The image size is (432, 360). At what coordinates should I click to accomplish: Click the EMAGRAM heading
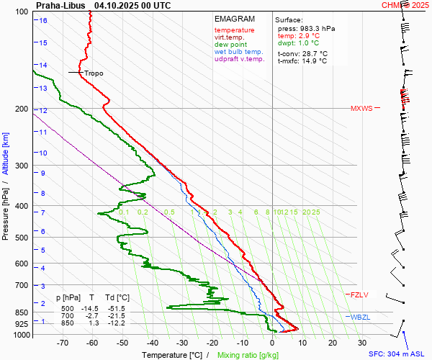click(235, 19)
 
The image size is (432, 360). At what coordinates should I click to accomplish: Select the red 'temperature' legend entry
click(234, 30)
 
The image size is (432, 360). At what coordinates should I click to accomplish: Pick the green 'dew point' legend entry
click(230, 45)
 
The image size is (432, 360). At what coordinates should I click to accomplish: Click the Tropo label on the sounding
click(94, 73)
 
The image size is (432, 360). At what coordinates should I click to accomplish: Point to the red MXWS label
click(361, 109)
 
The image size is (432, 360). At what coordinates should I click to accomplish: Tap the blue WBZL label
click(359, 318)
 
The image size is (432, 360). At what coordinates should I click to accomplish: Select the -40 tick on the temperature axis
click(152, 343)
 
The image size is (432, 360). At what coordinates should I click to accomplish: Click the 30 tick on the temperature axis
click(362, 343)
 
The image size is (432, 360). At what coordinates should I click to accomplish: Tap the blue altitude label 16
click(43, 20)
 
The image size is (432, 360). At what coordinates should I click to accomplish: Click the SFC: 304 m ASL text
click(397, 354)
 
